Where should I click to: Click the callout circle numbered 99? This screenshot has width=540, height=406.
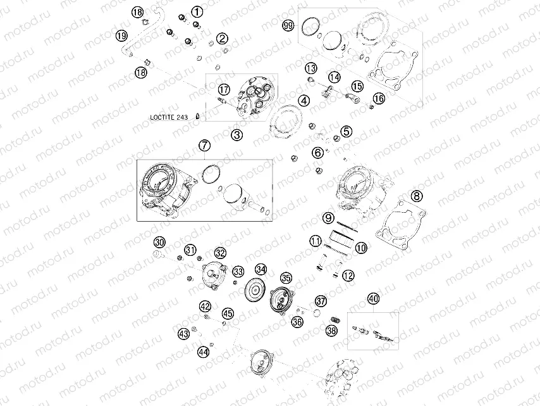tap(288, 25)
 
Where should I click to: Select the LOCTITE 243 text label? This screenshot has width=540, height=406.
tap(169, 117)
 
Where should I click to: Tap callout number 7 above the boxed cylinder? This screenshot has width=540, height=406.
tap(204, 146)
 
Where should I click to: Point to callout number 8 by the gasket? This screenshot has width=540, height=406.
tap(415, 196)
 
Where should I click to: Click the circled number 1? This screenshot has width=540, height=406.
tap(197, 11)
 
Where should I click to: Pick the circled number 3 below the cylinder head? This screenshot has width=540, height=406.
tap(236, 134)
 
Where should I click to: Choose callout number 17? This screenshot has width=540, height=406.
tap(223, 89)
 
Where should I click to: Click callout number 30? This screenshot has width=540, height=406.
tap(159, 243)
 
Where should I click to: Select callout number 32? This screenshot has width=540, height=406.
tap(219, 253)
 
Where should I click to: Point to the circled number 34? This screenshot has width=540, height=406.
tap(261, 270)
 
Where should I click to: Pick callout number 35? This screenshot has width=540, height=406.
tap(286, 278)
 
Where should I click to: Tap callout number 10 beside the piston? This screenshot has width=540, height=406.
tap(360, 248)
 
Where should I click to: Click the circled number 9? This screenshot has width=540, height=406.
tap(329, 218)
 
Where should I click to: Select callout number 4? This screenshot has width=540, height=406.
tap(304, 101)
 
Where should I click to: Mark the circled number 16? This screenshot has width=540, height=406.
tap(379, 98)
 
